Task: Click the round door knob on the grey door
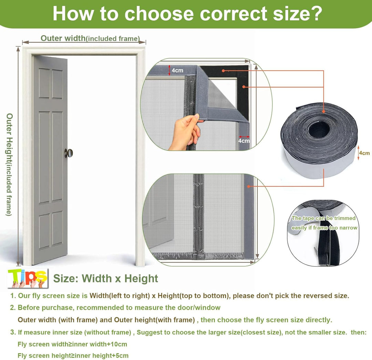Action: point(69,153)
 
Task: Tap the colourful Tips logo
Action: point(28,278)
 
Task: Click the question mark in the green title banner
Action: point(315,13)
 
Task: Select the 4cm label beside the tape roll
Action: point(364,153)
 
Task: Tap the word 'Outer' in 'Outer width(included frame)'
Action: point(51,38)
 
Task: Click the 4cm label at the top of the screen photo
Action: point(177,71)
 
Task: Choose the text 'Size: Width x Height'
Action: point(106,278)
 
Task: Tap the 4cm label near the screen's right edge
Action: point(244,141)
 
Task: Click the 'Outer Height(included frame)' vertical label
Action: point(9,164)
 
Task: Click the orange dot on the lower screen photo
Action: point(249,186)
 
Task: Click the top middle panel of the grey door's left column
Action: point(44,83)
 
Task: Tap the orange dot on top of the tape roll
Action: point(323,111)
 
